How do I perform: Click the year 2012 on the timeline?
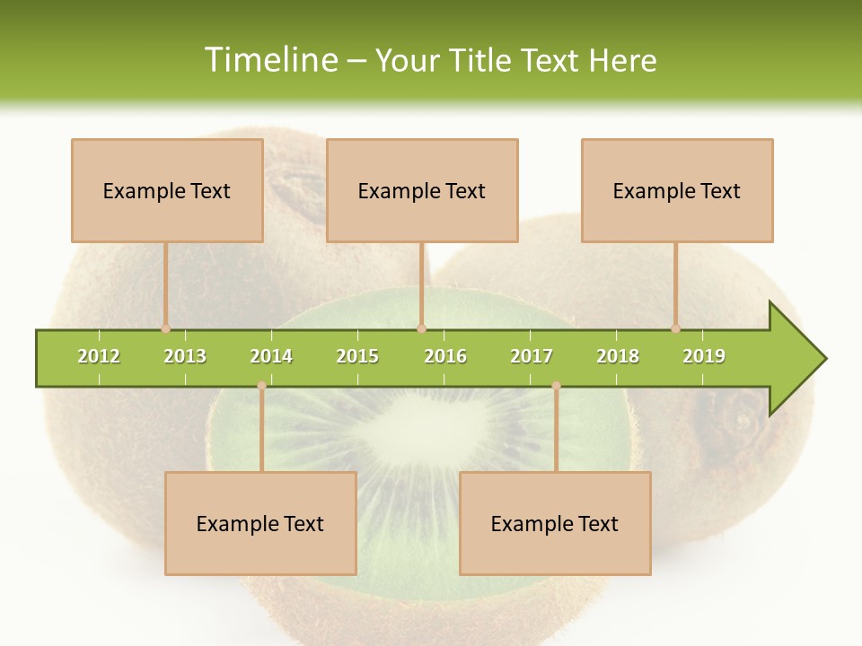[x=99, y=356]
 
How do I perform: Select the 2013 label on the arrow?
[x=185, y=356]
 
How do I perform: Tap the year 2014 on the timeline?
[x=271, y=356]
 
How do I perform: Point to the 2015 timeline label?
[x=357, y=356]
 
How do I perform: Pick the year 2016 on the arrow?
[x=445, y=356]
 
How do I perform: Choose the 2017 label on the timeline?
[x=532, y=356]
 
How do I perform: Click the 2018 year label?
[x=618, y=356]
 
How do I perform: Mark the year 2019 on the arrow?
[x=704, y=356]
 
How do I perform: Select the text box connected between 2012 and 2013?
[x=167, y=191]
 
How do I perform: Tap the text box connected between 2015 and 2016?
[x=422, y=191]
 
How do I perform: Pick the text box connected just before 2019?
[x=677, y=191]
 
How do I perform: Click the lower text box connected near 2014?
[x=260, y=524]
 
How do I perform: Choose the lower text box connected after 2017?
[x=555, y=524]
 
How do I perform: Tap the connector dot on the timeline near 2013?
[x=165, y=328]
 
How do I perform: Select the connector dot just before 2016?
[x=422, y=328]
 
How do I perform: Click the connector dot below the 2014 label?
[x=261, y=386]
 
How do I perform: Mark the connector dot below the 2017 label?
[x=556, y=386]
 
